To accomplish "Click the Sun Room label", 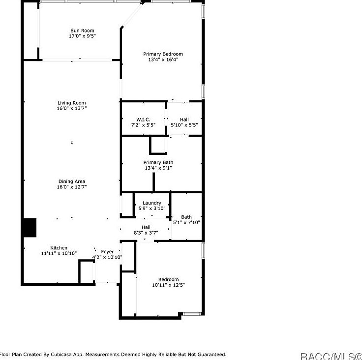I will [x=82, y=30].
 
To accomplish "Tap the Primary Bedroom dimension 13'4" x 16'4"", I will [x=163, y=60].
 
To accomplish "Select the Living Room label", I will [x=72, y=103].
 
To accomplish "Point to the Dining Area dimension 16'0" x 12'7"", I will [x=72, y=187].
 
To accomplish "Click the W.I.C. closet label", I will [x=143, y=120].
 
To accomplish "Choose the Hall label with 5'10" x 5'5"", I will [x=184, y=120].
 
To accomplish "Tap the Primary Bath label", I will [x=158, y=162].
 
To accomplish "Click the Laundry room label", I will [x=151, y=203].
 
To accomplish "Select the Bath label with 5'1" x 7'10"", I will [x=186, y=217].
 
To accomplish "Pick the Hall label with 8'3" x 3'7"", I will [x=146, y=227].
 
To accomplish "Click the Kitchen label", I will [x=59, y=248].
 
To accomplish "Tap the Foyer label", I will [x=107, y=252].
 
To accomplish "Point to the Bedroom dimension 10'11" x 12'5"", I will [x=169, y=285].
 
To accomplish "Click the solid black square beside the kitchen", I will [x=30, y=227].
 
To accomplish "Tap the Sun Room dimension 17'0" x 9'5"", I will [x=82, y=36].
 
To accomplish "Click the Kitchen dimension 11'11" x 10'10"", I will [x=59, y=253].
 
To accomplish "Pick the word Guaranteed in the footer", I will [x=209, y=354].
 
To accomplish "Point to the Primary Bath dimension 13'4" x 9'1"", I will [x=158, y=168].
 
